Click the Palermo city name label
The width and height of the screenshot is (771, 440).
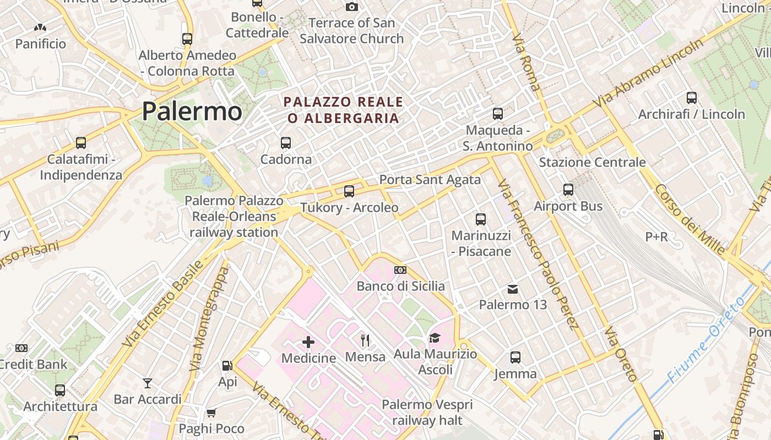click(192, 112)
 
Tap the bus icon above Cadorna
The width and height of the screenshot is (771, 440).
click(285, 143)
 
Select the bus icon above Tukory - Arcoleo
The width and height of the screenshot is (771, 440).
click(349, 191)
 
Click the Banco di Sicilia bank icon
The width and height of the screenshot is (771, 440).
click(400, 270)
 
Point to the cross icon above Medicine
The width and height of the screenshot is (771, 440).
click(308, 342)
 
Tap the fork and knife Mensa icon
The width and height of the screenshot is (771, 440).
click(365, 340)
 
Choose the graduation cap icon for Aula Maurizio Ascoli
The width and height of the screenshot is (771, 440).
click(435, 338)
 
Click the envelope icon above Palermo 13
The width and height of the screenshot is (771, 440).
click(513, 289)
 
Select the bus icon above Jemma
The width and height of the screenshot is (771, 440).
click(515, 358)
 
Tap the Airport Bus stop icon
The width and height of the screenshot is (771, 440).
click(568, 190)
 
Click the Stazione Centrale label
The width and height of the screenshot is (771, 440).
click(592, 162)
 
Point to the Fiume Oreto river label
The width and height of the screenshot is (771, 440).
click(707, 339)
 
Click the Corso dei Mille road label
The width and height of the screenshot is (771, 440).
click(689, 219)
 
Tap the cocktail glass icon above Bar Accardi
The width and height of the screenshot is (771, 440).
click(147, 383)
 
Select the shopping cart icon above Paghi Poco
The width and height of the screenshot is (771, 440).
click(211, 413)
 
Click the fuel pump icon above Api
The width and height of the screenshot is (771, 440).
click(226, 365)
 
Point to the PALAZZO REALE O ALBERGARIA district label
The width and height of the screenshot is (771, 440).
click(343, 110)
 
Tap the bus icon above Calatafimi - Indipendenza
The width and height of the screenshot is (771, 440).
click(81, 143)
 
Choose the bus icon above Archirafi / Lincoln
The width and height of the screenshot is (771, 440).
click(691, 98)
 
